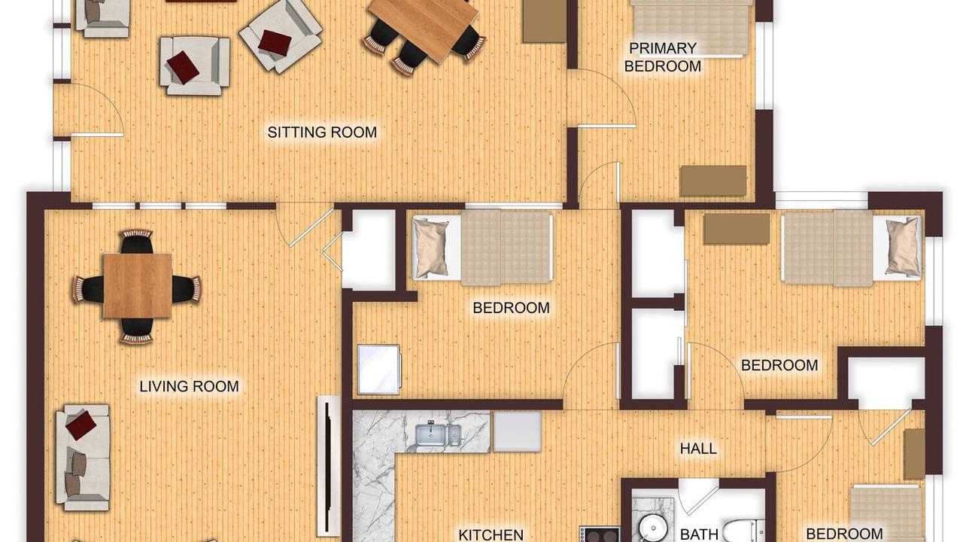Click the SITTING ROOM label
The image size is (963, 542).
click(322, 132)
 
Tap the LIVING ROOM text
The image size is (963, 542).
click(189, 386)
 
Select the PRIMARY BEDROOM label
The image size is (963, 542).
click(663, 57)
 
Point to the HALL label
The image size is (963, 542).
click(698, 449)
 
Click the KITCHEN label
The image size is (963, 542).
click(491, 534)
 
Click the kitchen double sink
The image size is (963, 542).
click(438, 434)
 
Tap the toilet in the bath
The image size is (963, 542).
click(743, 531)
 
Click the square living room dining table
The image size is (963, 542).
click(138, 285)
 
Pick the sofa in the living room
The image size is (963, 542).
click(83, 457)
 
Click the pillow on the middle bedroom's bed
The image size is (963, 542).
click(430, 248)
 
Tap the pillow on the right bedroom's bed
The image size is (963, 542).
click(903, 245)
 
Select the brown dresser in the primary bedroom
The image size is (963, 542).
click(712, 181)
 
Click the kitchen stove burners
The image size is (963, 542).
click(600, 534)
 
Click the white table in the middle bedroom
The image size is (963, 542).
click(378, 369)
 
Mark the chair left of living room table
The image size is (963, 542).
click(89, 289)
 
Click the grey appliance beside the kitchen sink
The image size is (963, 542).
click(517, 432)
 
